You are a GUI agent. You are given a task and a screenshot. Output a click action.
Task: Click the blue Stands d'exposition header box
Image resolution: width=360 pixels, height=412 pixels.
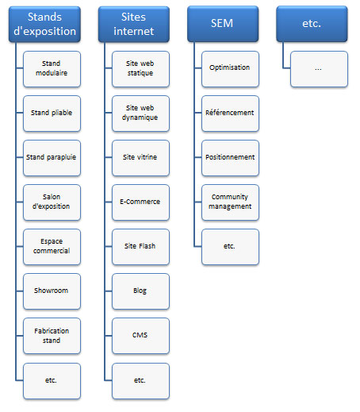coord(44,24)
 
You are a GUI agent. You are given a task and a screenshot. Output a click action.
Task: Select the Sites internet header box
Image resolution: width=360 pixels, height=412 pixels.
coord(134,24)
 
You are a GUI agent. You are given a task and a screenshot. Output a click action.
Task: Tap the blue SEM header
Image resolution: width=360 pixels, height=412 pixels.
coord(223,24)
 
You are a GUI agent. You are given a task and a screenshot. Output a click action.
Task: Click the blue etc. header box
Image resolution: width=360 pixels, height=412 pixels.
coord(312,24)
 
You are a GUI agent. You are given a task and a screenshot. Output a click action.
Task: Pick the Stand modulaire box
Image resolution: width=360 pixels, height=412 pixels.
coord(52,69)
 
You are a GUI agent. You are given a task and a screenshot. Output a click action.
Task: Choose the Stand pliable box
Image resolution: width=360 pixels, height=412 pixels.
coord(52,114)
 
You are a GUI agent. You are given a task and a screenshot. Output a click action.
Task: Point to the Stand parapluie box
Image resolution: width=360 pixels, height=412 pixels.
coord(52,158)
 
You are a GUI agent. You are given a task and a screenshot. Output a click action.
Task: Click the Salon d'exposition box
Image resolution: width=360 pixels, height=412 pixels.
coord(52,202)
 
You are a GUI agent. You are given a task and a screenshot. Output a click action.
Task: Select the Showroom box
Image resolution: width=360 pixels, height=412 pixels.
coord(52,291)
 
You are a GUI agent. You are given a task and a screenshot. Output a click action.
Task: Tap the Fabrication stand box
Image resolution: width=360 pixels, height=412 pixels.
coord(52,336)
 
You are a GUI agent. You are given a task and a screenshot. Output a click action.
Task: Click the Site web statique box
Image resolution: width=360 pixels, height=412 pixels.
coord(140,69)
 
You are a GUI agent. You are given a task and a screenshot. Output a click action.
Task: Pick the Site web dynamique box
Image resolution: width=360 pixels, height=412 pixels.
coord(140,114)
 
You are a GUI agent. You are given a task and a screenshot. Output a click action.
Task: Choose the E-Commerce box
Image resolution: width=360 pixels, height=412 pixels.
coord(140,202)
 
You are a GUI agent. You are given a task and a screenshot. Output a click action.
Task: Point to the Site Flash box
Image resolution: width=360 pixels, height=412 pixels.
coord(140,247)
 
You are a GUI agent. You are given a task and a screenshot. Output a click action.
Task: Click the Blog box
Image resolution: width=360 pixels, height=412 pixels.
coord(140,291)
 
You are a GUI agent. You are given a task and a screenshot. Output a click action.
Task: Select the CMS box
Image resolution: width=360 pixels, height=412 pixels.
coord(140,336)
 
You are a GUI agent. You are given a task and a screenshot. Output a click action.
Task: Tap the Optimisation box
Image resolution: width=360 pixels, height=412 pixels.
coord(230,69)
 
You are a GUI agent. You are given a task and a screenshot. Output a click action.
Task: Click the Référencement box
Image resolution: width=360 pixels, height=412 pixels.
coord(230,114)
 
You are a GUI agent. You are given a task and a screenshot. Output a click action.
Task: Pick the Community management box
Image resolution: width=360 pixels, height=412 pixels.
coord(230,202)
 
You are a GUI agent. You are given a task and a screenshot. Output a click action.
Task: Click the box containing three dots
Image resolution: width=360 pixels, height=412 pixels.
coord(319,69)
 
